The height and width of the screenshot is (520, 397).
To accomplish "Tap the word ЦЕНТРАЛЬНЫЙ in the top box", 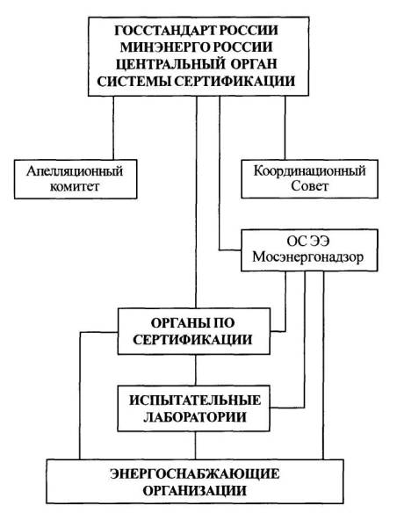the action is tap(170, 64).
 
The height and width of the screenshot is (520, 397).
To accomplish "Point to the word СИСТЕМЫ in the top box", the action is tap(134, 81).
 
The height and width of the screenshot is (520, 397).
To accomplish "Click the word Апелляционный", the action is tap(75, 172).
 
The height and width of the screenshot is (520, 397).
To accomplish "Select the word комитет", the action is tap(75, 187).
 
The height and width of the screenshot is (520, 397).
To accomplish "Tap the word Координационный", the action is tap(309, 171).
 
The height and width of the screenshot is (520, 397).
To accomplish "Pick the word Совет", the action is tap(309, 186).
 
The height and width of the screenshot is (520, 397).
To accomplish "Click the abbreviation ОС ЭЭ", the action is tap(308, 242).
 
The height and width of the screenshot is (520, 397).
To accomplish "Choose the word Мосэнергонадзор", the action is tap(308, 257).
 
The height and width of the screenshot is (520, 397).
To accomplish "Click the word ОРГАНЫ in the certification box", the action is tap(174, 323).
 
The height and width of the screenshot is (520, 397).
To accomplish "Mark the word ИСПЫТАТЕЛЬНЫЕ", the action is tap(195, 401).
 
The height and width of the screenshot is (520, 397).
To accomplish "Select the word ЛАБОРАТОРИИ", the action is tap(195, 417).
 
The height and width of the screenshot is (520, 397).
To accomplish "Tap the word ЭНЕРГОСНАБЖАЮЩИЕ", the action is tap(195, 474).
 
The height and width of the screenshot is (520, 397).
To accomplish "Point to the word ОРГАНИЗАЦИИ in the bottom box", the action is tap(195, 490).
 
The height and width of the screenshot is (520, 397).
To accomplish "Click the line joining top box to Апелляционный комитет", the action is tap(113, 128).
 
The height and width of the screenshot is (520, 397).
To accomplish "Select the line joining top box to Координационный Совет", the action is tap(285, 128).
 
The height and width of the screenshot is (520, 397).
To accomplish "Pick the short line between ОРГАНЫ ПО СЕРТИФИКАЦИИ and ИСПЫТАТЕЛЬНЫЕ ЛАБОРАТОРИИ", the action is tap(195, 370).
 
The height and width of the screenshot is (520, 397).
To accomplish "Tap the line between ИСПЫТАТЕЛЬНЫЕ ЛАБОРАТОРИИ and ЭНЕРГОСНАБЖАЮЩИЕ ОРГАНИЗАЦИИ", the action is tap(195, 445).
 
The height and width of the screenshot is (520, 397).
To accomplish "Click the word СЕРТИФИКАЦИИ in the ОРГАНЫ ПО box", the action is tap(192, 340).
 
